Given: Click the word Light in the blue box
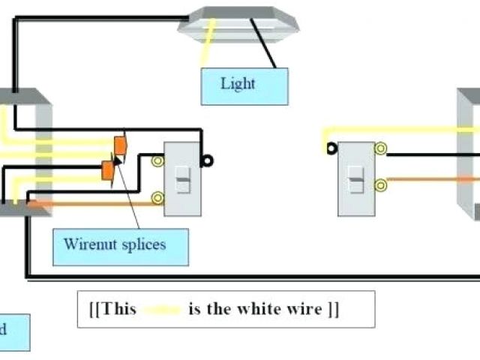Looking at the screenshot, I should click(238, 83).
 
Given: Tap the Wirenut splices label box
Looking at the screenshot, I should click(120, 247).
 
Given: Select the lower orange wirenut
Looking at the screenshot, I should click(108, 170).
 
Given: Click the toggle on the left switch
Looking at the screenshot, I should click(182, 180).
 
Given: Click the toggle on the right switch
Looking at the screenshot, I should click(356, 180).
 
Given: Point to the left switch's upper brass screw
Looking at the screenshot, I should click(157, 160).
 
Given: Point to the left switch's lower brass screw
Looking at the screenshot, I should click(157, 198).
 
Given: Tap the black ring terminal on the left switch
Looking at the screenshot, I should click(207, 160).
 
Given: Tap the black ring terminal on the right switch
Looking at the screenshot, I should click(331, 148).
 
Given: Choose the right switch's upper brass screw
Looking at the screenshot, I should click(381, 148).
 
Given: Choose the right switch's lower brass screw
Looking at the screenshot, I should click(381, 184).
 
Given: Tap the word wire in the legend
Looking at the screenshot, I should click(302, 309).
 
